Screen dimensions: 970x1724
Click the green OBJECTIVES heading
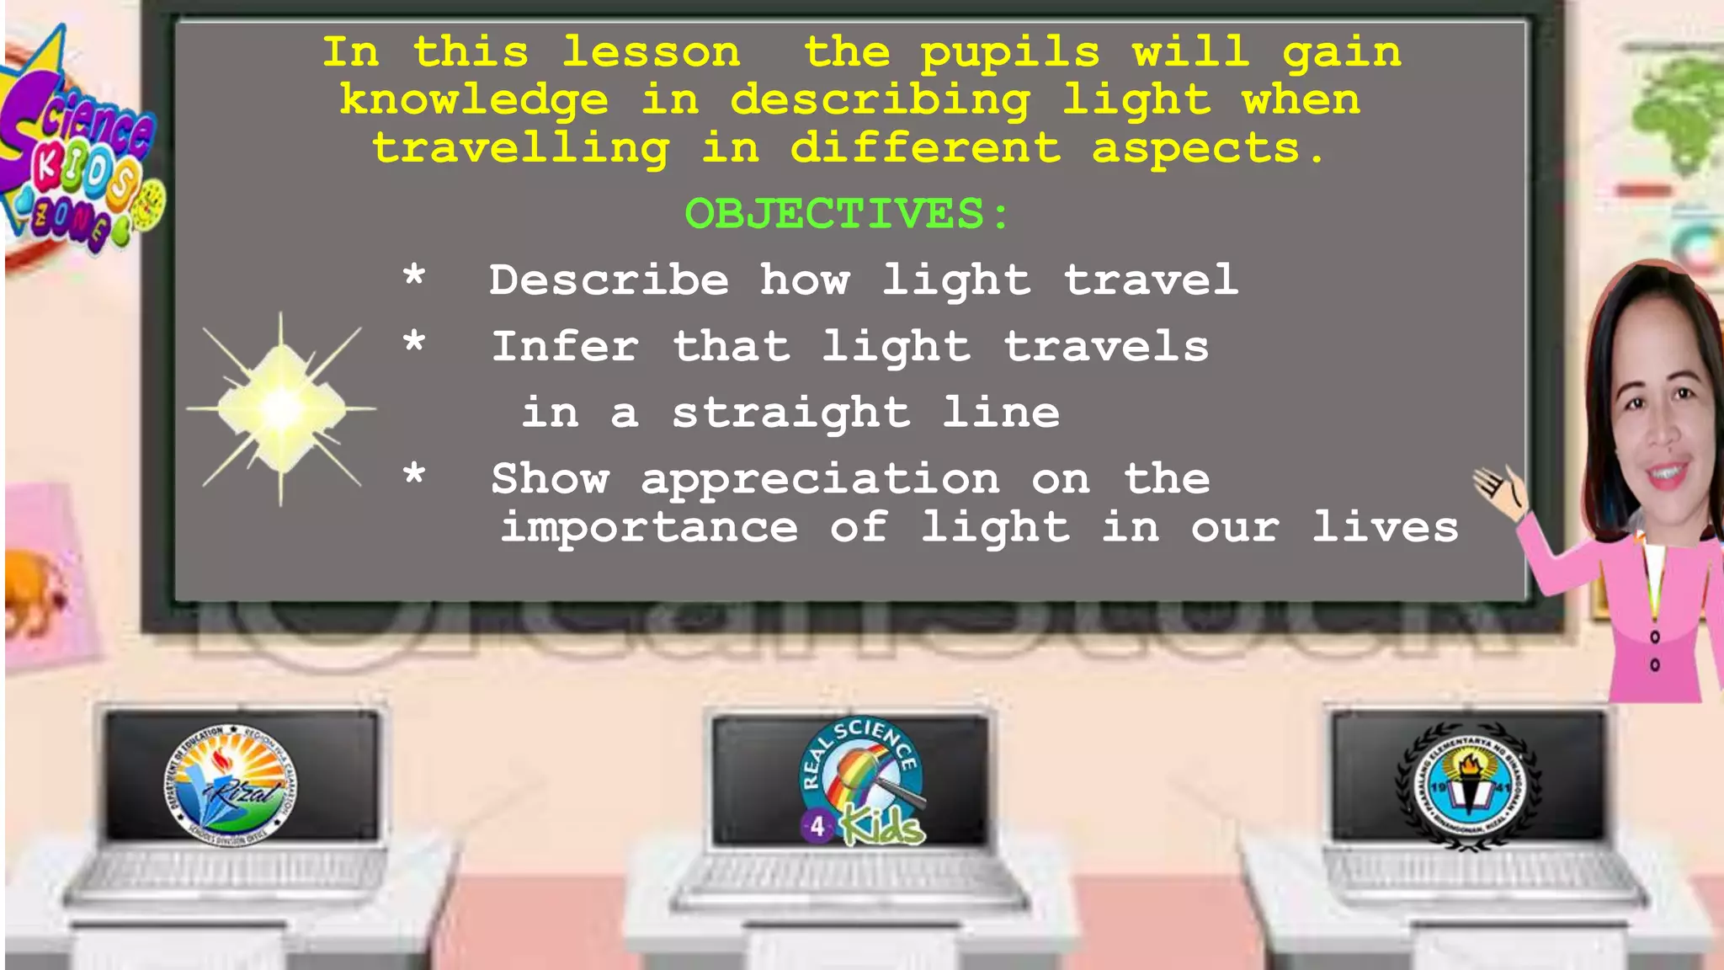click(846, 214)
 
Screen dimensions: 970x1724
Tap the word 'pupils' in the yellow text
click(1009, 54)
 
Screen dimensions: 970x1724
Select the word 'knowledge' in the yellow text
click(474, 101)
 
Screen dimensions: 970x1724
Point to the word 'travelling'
click(521, 149)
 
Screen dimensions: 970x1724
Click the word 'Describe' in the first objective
click(609, 280)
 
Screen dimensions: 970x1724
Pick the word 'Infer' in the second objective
click(565, 347)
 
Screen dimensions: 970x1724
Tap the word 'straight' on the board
click(790, 413)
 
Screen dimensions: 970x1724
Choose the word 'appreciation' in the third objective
click(821, 480)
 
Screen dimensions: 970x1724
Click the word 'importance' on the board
click(649, 528)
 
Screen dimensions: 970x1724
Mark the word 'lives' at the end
click(1385, 528)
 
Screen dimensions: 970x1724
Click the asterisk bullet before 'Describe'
click(413, 276)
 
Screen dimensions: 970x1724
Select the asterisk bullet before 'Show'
click(413, 475)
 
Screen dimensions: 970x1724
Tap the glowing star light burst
click(281, 409)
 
